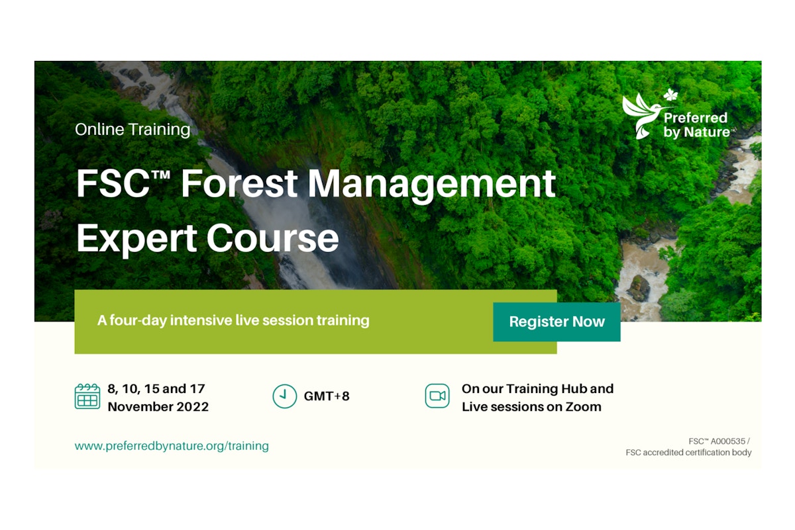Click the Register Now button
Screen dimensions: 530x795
[556, 322]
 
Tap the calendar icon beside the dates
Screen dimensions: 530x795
[87, 396]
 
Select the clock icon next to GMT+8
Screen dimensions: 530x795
[284, 396]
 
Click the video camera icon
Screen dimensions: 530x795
[437, 396]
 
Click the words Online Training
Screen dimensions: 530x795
[132, 130]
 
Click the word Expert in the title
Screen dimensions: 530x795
[136, 238]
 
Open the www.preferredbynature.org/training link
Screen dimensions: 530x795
[172, 446]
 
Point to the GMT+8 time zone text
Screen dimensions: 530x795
[327, 397]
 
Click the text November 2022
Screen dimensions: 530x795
[158, 407]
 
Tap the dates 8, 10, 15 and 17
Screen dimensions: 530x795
[156, 388]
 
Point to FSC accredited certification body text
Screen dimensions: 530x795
[688, 453]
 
